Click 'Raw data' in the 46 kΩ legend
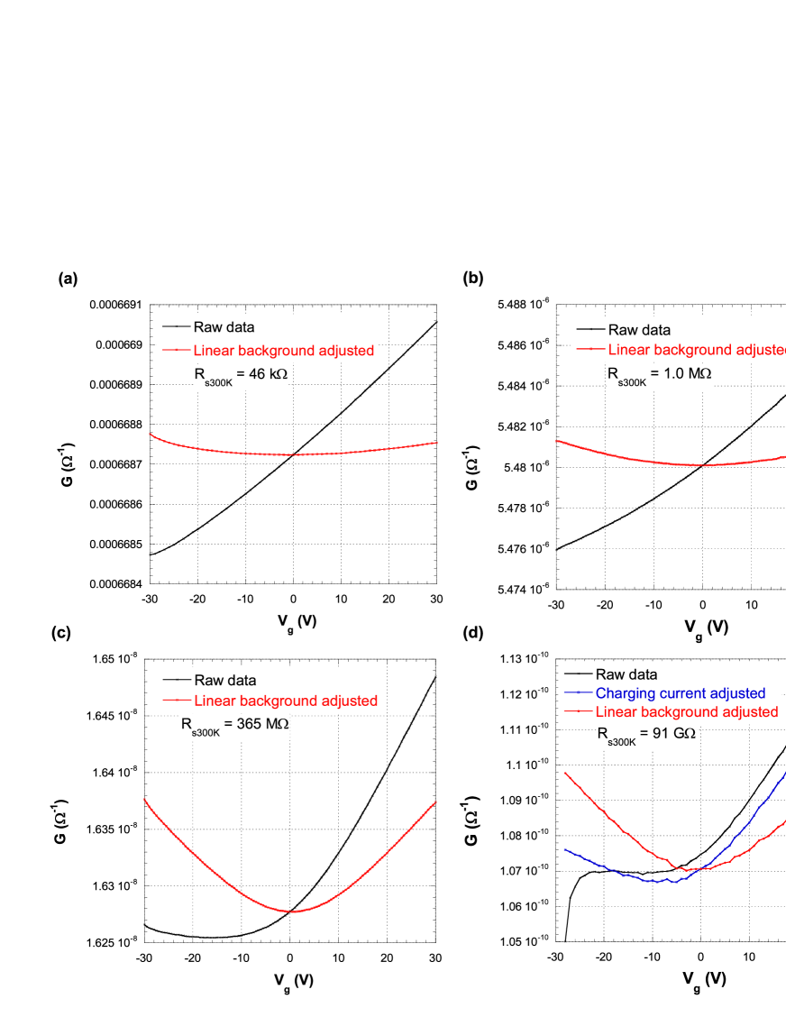pos(224,327)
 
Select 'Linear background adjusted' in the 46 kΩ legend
pos(283,351)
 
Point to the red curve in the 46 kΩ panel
pos(293,454)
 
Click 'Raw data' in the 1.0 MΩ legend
pos(639,330)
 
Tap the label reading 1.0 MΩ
pos(659,376)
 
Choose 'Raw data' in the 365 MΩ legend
pos(225,681)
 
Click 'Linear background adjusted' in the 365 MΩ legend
pos(286,701)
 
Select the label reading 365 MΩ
pos(236,727)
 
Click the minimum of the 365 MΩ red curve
pos(292,911)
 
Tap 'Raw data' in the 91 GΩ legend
pos(626,674)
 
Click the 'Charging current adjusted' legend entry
pos(680,693)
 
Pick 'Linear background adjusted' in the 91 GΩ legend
pos(686,712)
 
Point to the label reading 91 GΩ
pos(646,736)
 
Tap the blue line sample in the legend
pos(577,693)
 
